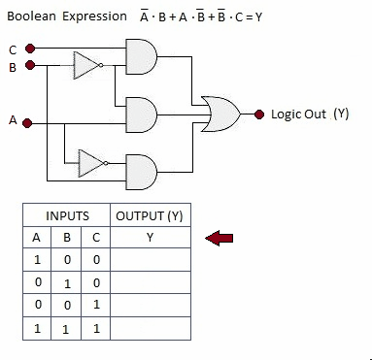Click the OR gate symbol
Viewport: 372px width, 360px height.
[220, 114]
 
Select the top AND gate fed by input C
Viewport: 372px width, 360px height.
[141, 57]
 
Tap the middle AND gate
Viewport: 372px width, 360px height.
[141, 115]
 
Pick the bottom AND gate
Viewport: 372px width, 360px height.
[141, 172]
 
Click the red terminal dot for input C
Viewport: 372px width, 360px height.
[30, 49]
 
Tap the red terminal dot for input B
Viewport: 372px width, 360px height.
[30, 65]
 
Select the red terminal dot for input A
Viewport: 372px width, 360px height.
[27, 123]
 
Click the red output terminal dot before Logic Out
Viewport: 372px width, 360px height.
[259, 115]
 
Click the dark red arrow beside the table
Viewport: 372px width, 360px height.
[220, 239]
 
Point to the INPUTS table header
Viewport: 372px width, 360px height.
[67, 216]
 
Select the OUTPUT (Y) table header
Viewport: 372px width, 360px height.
[150, 216]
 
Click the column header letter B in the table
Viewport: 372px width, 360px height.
[67, 238]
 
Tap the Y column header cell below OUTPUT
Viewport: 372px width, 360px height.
[151, 238]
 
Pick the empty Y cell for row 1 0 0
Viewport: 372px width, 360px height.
[151, 260]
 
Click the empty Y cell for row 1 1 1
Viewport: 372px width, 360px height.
[151, 328]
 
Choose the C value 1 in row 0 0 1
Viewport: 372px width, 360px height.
[96, 305]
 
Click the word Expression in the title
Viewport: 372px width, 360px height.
[94, 16]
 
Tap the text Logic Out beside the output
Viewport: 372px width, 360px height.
[298, 115]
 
